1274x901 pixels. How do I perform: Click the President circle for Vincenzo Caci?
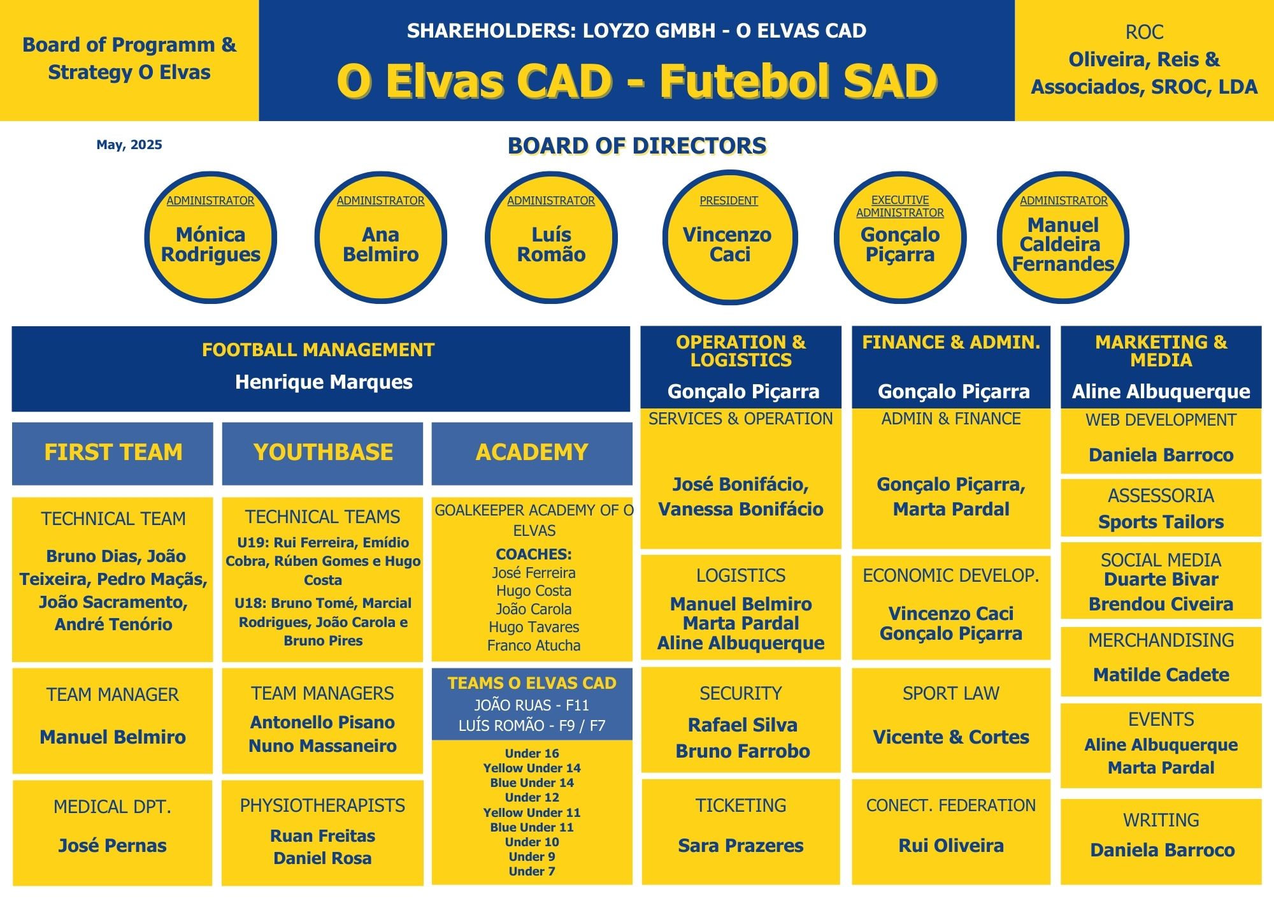[729, 237]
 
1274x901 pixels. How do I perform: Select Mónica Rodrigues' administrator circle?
[210, 237]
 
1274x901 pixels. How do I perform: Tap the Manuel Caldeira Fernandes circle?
[1063, 237]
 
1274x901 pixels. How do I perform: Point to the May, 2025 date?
[129, 145]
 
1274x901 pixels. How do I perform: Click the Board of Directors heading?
[637, 146]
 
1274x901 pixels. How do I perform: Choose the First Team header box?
[113, 453]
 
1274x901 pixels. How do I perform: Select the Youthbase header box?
[322, 453]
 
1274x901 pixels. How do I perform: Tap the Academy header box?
[532, 453]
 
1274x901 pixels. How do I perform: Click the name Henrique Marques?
[324, 382]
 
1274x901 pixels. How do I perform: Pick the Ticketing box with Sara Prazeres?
[741, 832]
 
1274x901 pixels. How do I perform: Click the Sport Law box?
[951, 720]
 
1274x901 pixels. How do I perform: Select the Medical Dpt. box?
[113, 833]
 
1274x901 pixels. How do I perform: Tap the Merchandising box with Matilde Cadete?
[1161, 661]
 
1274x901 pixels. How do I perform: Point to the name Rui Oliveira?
[951, 846]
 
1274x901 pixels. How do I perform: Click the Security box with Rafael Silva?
[741, 720]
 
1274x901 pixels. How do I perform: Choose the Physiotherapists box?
[322, 833]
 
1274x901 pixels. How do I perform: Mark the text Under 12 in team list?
[532, 797]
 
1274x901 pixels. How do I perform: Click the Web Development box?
[1161, 441]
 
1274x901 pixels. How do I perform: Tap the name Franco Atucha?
[534, 645]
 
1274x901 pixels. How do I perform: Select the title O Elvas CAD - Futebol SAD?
[637, 81]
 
